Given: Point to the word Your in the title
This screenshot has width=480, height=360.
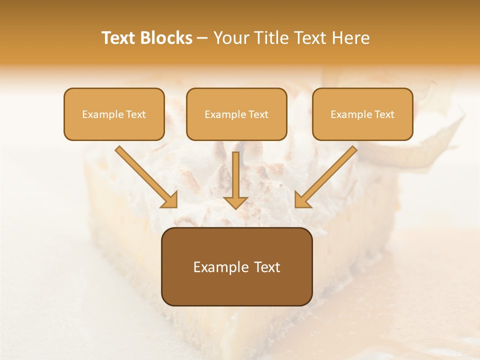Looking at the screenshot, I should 231,38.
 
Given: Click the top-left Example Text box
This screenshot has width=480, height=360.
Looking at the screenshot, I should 114,114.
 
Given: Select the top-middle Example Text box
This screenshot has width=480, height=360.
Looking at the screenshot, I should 236,114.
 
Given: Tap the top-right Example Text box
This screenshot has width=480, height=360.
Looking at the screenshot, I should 362,114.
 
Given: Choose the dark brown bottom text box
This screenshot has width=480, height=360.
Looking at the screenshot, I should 236,266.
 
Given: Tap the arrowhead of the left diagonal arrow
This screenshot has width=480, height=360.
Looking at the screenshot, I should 170,200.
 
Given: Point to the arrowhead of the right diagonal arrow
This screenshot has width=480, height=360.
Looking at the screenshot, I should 302,200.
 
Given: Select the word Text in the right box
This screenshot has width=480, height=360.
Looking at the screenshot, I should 384,114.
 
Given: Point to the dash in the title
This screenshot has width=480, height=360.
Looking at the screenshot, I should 202,38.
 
